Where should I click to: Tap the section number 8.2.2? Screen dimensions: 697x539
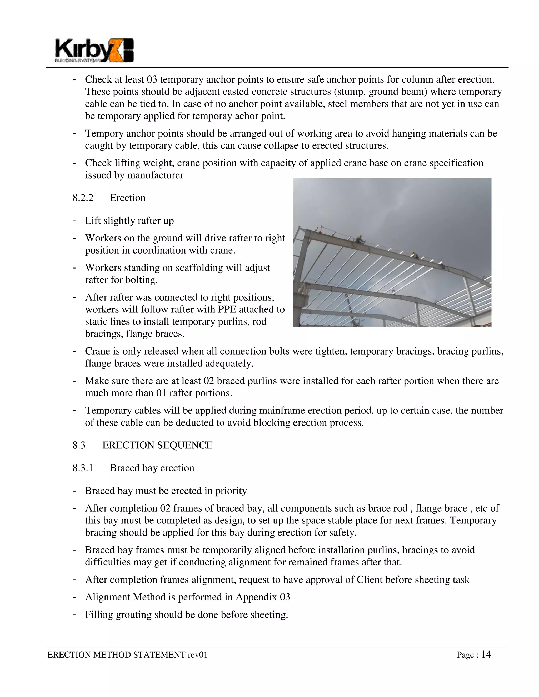coord(83,198)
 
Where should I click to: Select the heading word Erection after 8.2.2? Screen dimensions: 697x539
coord(127,198)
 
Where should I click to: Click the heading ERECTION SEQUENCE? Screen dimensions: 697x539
coord(157,445)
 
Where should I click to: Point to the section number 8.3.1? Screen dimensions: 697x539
coord(83,468)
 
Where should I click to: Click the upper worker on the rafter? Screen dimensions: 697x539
coord(359,239)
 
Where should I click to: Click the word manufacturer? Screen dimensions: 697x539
coord(155,175)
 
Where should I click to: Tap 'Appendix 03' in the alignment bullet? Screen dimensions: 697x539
coord(262,597)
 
